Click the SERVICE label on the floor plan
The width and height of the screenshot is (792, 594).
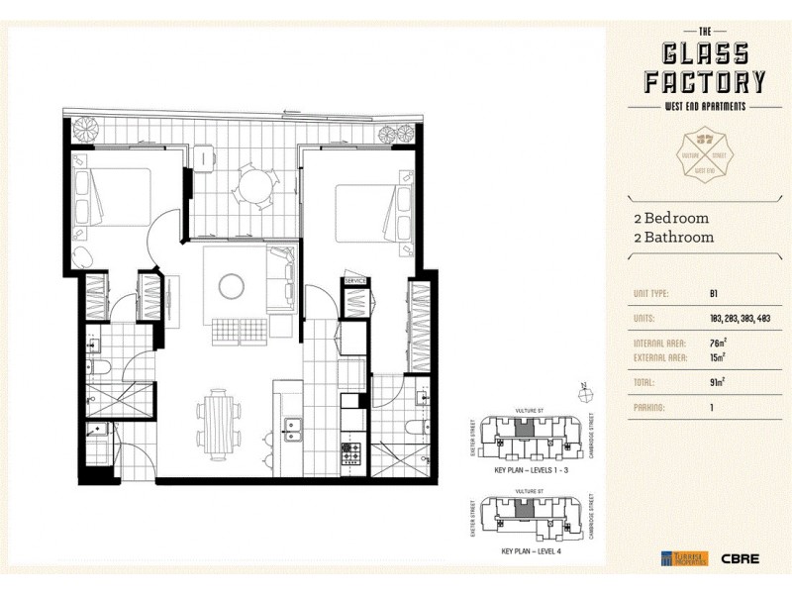click(355, 281)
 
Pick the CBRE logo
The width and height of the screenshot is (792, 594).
click(742, 558)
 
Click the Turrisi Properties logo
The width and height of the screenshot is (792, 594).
click(684, 558)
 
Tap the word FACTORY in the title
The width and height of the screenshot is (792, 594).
click(704, 80)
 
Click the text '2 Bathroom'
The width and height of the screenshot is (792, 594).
click(673, 238)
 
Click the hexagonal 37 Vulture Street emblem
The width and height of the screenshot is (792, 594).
click(704, 155)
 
